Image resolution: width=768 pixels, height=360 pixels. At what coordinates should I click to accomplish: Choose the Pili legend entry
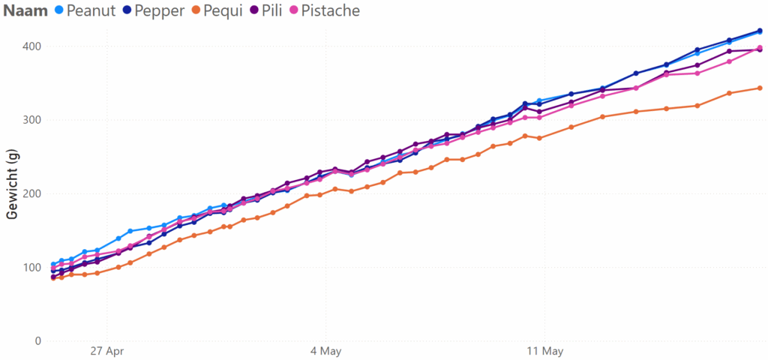(275, 11)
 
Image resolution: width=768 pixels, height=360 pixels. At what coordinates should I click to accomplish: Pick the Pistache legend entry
(329, 11)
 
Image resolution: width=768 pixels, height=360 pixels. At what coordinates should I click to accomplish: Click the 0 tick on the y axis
(35, 341)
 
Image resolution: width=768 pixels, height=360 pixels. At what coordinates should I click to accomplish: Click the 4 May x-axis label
(325, 350)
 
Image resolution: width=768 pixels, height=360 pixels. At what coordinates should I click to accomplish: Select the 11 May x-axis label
(544, 350)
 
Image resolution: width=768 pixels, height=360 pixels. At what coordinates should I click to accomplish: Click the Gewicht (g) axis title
(12, 184)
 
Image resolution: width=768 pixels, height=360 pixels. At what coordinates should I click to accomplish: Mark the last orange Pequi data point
(760, 88)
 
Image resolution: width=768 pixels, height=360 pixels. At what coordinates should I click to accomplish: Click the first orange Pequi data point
(53, 277)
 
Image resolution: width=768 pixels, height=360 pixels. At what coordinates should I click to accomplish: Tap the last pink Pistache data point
(760, 48)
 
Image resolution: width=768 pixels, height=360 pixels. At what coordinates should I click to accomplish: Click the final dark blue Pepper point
(760, 31)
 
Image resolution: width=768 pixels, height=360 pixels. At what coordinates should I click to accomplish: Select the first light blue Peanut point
(53, 264)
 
